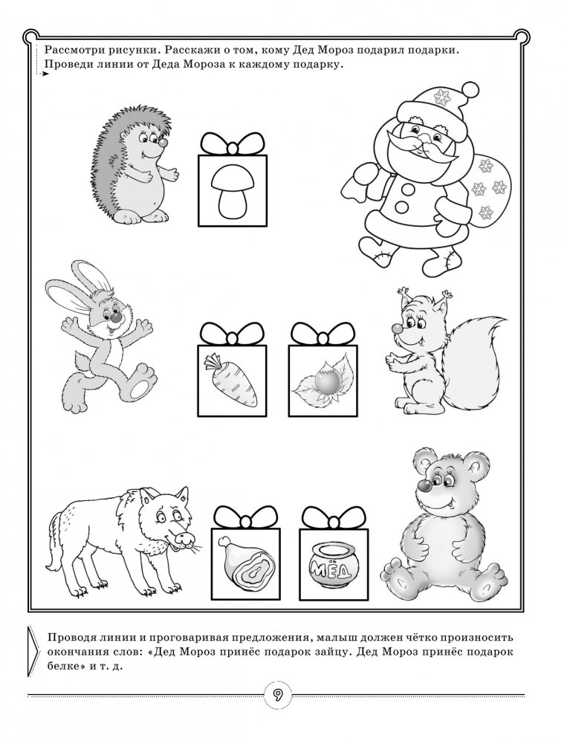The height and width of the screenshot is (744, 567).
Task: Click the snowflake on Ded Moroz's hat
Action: point(442,97)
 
